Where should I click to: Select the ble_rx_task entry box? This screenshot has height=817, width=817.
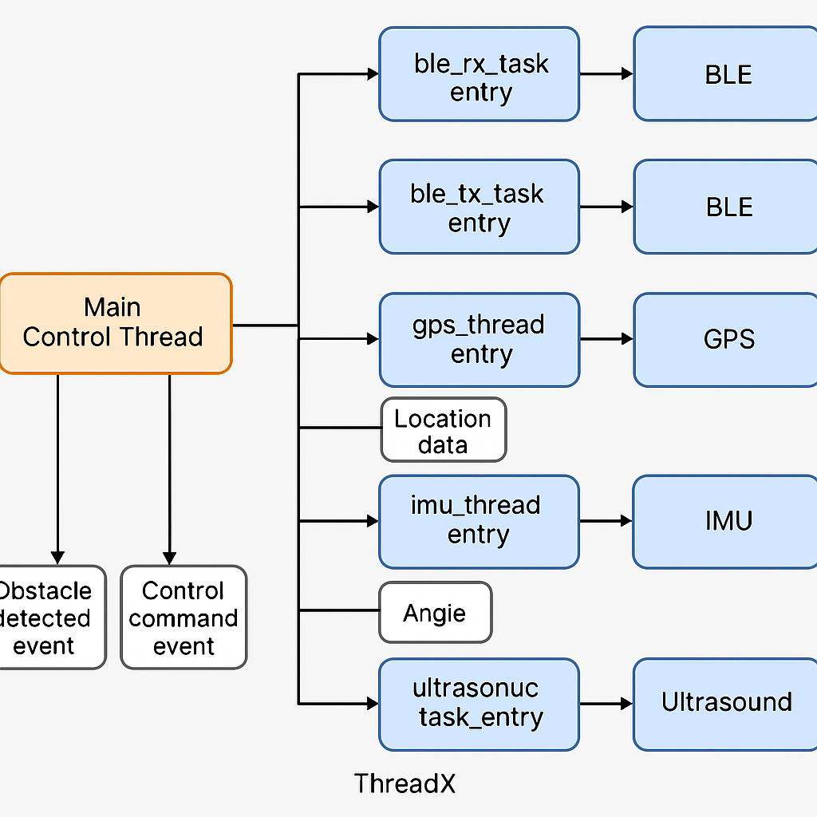[479, 74]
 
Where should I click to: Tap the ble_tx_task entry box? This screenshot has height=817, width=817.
[479, 207]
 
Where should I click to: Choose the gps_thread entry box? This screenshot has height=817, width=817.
[479, 340]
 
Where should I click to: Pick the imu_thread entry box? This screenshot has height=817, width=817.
[479, 522]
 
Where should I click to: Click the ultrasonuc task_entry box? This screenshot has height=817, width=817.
[479, 704]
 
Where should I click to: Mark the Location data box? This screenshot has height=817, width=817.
[444, 430]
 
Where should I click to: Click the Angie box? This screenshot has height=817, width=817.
[435, 613]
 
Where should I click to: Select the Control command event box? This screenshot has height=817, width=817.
[184, 618]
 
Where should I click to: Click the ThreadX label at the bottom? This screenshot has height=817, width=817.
[405, 783]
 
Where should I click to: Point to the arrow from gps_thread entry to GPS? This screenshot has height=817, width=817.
[606, 340]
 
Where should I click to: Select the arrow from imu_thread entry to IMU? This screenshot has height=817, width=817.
[606, 522]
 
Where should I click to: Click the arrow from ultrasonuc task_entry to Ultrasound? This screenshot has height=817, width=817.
[606, 704]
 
